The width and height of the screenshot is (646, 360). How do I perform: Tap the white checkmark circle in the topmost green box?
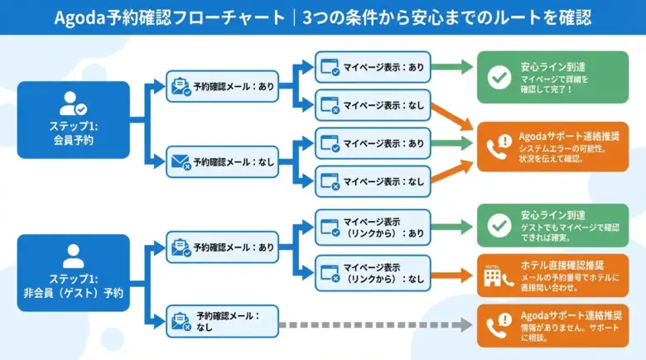pos(499,76)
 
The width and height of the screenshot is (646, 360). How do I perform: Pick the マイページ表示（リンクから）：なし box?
pos(373,274)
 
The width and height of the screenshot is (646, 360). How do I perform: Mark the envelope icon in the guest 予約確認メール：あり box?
pos(180,247)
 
